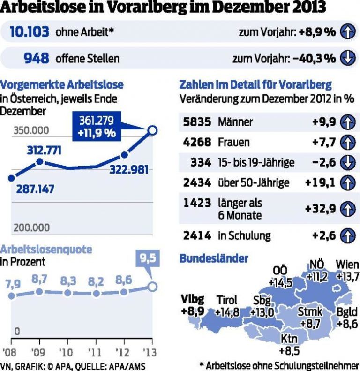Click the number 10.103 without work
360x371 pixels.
[29, 32]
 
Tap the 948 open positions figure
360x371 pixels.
[36, 58]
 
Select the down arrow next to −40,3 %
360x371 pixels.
[346, 58]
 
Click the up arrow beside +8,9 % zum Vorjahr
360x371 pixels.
[346, 32]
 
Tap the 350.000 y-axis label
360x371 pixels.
[31, 130]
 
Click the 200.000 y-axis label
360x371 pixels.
[31, 227]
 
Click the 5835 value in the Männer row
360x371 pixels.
[197, 122]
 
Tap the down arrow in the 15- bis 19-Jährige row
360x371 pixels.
[346, 162]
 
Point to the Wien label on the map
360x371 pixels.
[347, 264]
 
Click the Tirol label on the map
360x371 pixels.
[227, 300]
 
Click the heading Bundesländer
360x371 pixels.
[214, 258]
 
